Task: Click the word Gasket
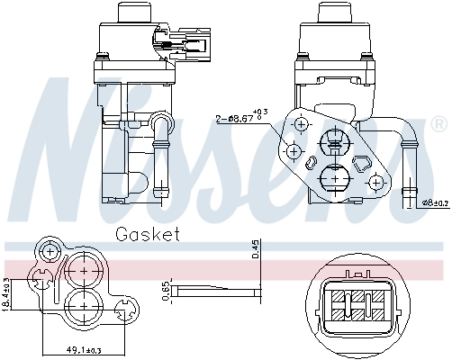[148, 236]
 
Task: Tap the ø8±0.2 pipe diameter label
[435, 203]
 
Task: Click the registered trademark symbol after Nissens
[438, 122]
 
